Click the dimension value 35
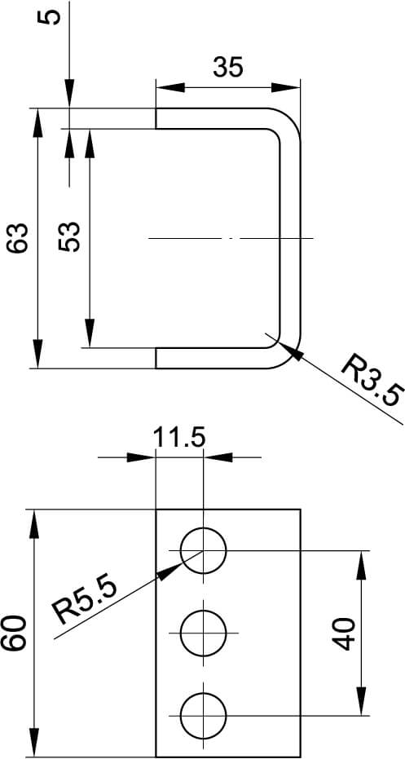pyautogui.click(x=228, y=67)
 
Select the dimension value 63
pyautogui.click(x=21, y=238)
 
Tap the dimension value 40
pyautogui.click(x=346, y=633)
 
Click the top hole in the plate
pyautogui.click(x=203, y=550)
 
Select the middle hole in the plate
pyautogui.click(x=203, y=633)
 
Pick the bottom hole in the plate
pyautogui.click(x=203, y=715)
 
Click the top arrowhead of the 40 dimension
pyautogui.click(x=360, y=561)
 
